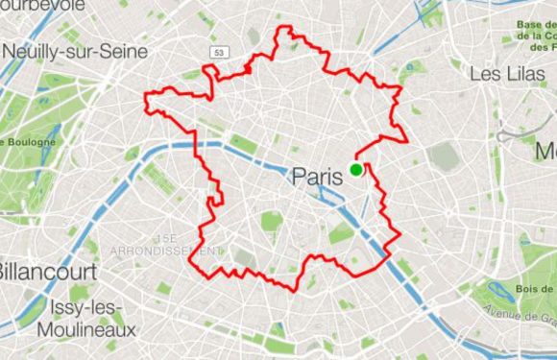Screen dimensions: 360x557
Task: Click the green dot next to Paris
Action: (x=356, y=170)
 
